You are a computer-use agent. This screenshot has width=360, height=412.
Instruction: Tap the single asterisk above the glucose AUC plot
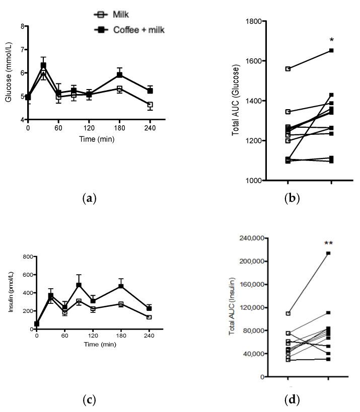tap(331, 40)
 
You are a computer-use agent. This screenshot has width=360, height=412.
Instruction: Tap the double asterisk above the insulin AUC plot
tap(328, 243)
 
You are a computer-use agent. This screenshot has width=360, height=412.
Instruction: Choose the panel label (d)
tap(291, 400)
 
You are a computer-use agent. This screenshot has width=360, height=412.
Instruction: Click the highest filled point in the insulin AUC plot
tap(328, 253)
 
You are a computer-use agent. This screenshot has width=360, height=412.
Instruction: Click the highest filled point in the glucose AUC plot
tap(331, 50)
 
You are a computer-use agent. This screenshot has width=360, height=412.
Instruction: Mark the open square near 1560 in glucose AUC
tap(287, 68)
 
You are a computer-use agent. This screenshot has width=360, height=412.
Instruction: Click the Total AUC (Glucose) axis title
tap(235, 101)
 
